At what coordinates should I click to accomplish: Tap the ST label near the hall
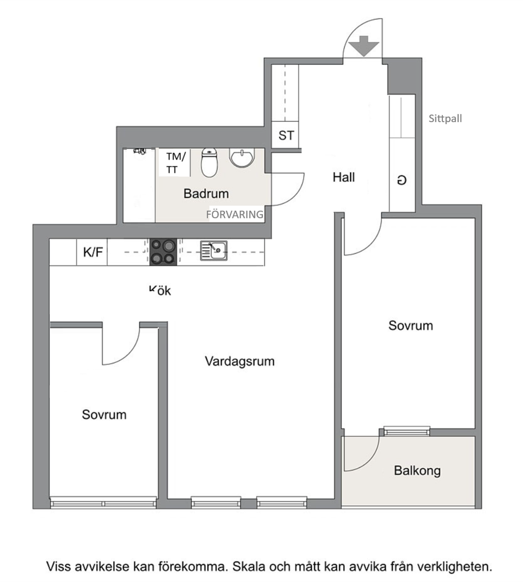pyautogui.click(x=286, y=135)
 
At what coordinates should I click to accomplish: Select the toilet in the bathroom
pyautogui.click(x=209, y=162)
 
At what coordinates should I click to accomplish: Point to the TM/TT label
pyautogui.click(x=176, y=163)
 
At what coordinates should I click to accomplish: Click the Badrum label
pyautogui.click(x=206, y=193)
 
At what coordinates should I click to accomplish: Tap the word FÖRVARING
pyautogui.click(x=235, y=214)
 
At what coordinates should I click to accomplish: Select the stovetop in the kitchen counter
pyautogui.click(x=163, y=252)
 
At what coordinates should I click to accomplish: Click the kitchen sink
pyautogui.click(x=214, y=251)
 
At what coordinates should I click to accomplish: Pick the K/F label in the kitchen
pyautogui.click(x=93, y=252)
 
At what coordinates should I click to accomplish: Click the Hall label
pyautogui.click(x=344, y=177)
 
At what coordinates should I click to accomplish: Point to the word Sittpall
pyautogui.click(x=445, y=119)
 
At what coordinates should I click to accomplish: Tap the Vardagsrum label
pyautogui.click(x=239, y=361)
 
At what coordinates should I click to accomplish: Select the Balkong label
pyautogui.click(x=417, y=471)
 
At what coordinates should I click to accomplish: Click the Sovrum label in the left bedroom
pyautogui.click(x=104, y=415)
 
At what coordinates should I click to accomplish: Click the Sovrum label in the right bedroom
pyautogui.click(x=411, y=325)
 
